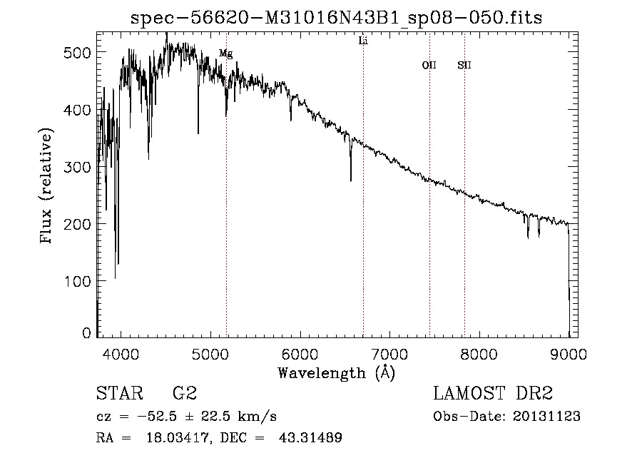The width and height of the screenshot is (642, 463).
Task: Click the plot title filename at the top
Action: [337, 18]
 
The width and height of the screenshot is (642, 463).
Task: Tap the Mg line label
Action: [225, 54]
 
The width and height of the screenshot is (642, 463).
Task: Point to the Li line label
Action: [363, 41]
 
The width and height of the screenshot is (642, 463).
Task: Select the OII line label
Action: [429, 66]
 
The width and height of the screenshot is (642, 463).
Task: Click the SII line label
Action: [464, 66]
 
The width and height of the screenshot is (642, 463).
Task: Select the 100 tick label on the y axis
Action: [79, 281]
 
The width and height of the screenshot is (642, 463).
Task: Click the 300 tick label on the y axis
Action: [79, 167]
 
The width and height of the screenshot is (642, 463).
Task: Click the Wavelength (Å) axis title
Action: [336, 372]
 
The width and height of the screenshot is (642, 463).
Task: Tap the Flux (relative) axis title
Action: [47, 187]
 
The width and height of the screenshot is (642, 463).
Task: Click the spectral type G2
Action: [185, 394]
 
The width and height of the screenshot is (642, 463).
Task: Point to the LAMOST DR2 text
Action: [493, 394]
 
